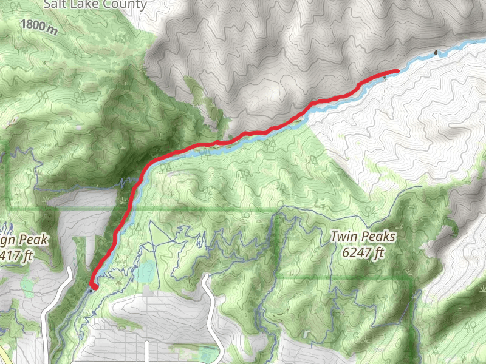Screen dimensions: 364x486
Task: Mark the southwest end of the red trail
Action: pyautogui.click(x=94, y=286)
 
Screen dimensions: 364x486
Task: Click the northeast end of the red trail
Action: pyautogui.click(x=397, y=72)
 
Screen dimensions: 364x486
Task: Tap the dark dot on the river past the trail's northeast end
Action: pyautogui.click(x=436, y=53)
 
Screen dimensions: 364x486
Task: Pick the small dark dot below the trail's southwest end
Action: pyautogui.click(x=91, y=291)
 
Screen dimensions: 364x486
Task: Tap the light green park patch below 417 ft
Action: pyautogui.click(x=27, y=284)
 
